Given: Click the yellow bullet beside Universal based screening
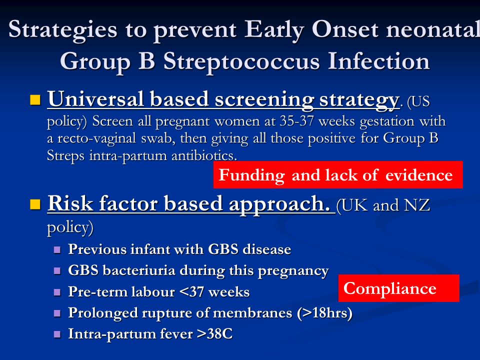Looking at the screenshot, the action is (35, 100).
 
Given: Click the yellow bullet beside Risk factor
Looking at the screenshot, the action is (35, 204).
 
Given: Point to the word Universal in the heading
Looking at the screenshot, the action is (95, 99).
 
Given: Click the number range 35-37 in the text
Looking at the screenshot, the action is (296, 121).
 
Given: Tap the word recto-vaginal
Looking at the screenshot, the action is (96, 138).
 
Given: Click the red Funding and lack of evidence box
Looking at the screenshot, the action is (338, 174).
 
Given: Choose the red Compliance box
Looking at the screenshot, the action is (399, 288).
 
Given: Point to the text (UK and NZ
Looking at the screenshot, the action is (383, 205).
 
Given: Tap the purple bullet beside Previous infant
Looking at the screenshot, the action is (57, 250).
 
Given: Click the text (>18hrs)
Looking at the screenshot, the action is (324, 313).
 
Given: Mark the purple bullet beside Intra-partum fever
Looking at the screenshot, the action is (57, 334).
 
